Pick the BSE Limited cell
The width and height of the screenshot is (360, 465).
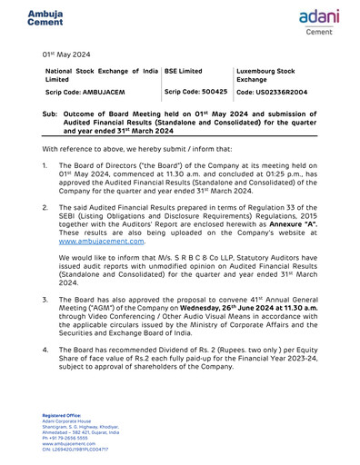pos(184,70)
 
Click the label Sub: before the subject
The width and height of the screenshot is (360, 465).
pos(52,114)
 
